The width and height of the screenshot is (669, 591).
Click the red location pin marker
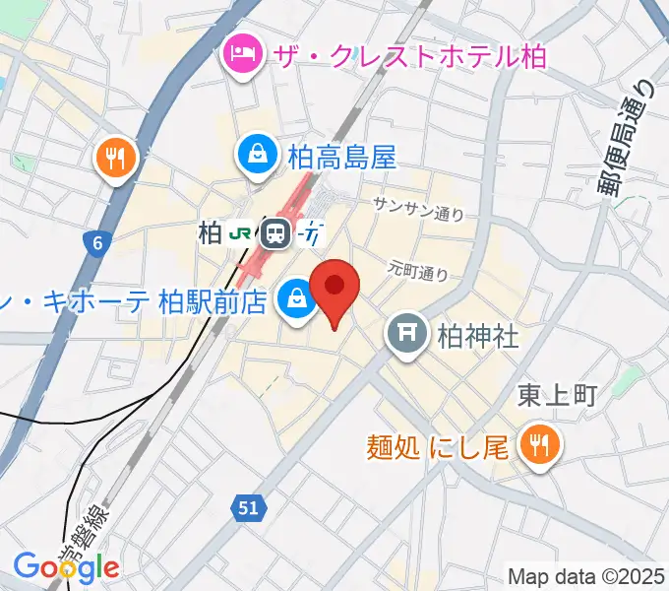point(334,289)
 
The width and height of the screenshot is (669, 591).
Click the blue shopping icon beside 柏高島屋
point(257,156)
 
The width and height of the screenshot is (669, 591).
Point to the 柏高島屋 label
point(341,157)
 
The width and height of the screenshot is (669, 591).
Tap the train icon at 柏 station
point(275,233)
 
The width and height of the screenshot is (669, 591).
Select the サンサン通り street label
point(418,207)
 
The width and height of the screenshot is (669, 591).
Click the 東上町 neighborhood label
point(558,396)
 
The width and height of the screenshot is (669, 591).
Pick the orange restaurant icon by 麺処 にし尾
point(540,445)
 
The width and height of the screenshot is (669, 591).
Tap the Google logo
point(66,566)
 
